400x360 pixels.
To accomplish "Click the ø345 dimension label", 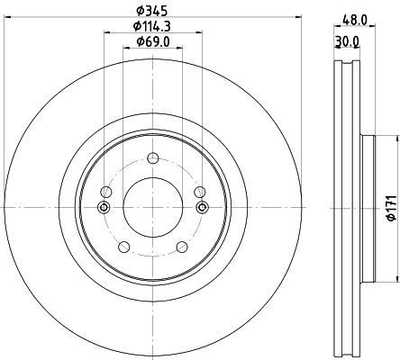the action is [151, 11].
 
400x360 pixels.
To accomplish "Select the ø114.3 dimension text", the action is [152, 26].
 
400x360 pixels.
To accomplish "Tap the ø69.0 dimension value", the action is [153, 41].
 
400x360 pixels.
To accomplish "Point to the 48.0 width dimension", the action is [355, 20].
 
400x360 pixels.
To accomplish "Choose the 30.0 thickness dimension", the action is [347, 41].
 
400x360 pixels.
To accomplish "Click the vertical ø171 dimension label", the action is [392, 208].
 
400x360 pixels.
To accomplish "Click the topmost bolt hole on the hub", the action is [153, 157].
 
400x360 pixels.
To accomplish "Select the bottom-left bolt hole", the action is [124, 247].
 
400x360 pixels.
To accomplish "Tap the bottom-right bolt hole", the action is [182, 247].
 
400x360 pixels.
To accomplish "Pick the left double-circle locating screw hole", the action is [104, 207].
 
